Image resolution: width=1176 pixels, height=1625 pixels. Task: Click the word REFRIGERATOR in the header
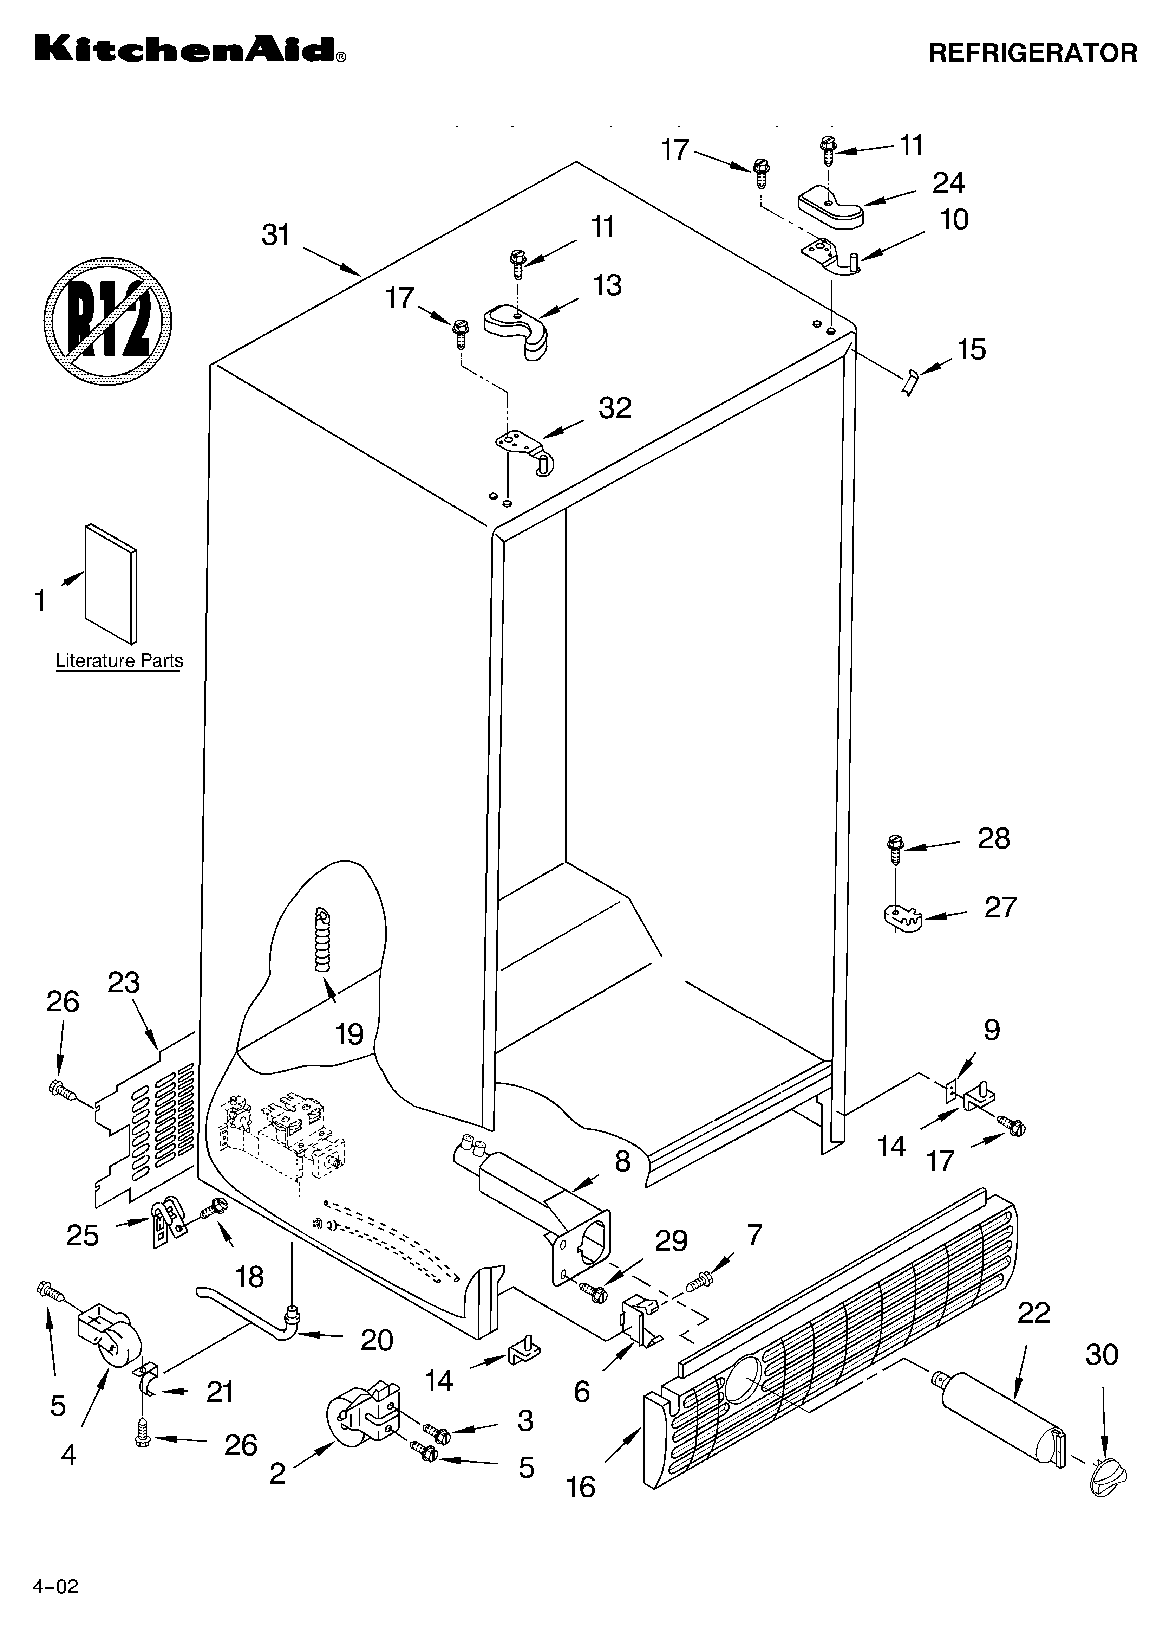[x=1032, y=53]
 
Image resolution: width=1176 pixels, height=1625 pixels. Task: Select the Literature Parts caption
[x=119, y=660]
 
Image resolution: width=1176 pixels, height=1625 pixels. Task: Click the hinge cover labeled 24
[x=831, y=208]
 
